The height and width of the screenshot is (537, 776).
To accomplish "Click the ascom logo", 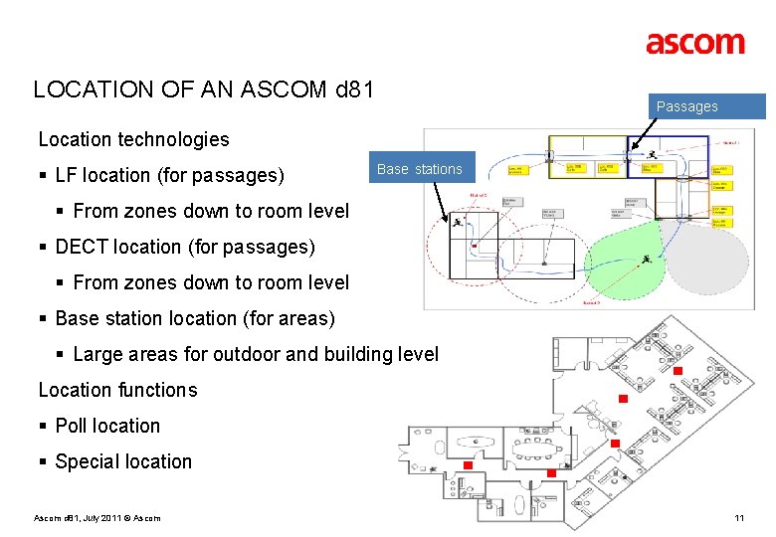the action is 694,43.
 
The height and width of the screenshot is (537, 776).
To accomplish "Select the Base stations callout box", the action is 419,169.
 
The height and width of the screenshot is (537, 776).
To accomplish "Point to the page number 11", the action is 738,517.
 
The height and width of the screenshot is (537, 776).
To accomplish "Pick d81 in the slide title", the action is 354,89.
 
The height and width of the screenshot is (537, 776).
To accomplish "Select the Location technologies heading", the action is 133,139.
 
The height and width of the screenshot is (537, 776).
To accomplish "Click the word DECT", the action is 83,247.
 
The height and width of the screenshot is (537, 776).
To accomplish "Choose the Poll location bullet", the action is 107,426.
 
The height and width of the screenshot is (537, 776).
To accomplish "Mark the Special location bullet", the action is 123,461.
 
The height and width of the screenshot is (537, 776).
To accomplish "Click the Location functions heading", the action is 117,390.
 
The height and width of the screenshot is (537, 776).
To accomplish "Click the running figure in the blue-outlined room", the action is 651,155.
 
